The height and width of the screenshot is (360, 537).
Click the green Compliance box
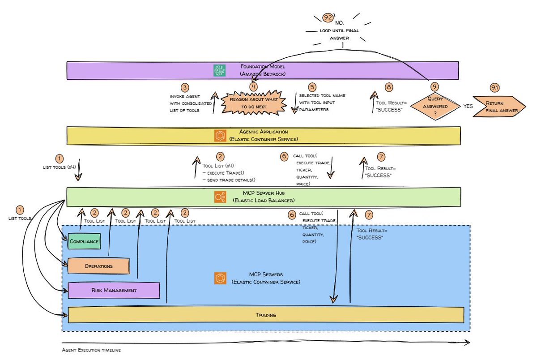tap(84, 242)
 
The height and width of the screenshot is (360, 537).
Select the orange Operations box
tap(98, 266)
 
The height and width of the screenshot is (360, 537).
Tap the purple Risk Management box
tap(114, 290)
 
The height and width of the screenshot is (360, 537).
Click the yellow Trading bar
tap(265, 315)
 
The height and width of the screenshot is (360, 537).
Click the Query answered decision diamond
tap(434, 107)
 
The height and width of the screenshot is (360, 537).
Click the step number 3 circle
tap(185, 87)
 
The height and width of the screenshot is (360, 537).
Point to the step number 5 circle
tap(312, 87)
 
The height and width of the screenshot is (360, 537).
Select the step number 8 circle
tap(389, 87)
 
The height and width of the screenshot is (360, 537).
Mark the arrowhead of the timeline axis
tap(469, 343)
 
